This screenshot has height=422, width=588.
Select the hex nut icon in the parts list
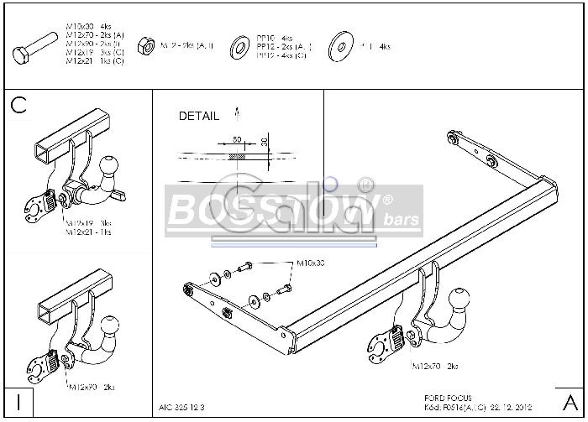144,44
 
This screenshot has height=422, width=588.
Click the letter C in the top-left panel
19,105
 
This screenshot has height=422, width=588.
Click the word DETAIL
199,117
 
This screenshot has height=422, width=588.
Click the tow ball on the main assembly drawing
461,303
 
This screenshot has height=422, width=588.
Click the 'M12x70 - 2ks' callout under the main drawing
435,367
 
